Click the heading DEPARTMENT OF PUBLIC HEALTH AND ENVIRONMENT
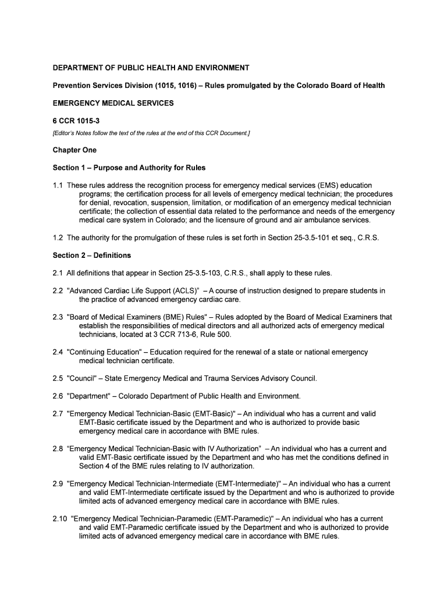pyautogui.click(x=151, y=68)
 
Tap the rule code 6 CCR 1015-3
pyautogui.click(x=77, y=121)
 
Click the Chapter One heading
pyautogui.click(x=74, y=150)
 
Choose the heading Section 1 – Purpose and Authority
pyautogui.click(x=129, y=168)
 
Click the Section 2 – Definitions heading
pyautogui.click(x=91, y=256)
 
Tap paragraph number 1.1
pyautogui.click(x=58, y=186)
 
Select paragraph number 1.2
pyautogui.click(x=58, y=238)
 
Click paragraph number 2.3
pyautogui.click(x=58, y=317)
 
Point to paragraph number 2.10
pyautogui.click(x=59, y=519)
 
